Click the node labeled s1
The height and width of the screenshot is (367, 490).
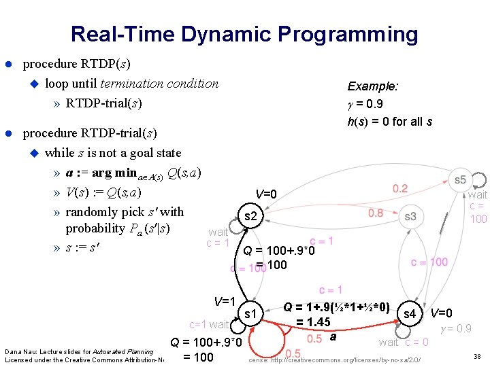[x=250, y=313]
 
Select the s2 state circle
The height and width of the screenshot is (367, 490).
[x=250, y=216]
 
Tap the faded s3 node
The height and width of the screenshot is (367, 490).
[x=410, y=216]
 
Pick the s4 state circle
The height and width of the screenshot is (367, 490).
[x=410, y=313]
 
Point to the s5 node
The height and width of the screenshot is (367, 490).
[x=461, y=179]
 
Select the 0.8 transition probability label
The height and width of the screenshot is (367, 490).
[x=376, y=213]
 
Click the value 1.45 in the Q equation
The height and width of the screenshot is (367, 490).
[x=313, y=321]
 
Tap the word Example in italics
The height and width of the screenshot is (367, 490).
[x=372, y=86]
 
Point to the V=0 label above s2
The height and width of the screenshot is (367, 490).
[x=265, y=194]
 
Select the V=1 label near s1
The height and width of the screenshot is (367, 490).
[x=224, y=301]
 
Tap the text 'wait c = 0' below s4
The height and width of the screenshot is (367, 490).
[x=404, y=342]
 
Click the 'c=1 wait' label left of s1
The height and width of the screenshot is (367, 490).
[x=209, y=325]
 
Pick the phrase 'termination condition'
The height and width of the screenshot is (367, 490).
[x=159, y=84]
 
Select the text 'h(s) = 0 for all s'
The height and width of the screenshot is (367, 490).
[x=389, y=122]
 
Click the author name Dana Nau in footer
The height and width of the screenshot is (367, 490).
[x=19, y=351]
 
